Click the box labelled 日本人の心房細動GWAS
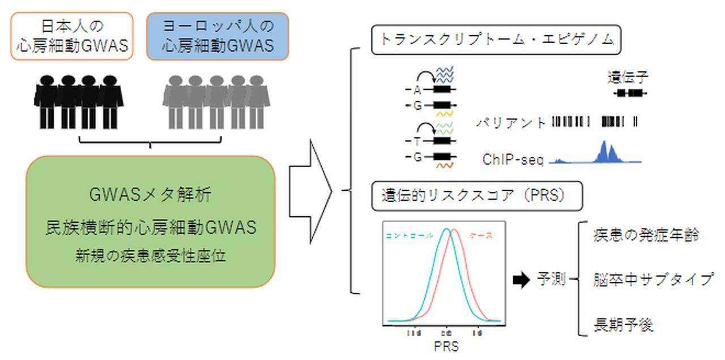click(x=72, y=36)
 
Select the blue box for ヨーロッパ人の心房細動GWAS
click(x=217, y=36)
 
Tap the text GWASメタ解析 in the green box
click(x=150, y=196)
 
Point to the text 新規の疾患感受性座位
click(x=150, y=256)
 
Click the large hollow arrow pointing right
click(x=310, y=192)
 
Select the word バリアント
click(x=511, y=122)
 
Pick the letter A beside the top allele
click(x=417, y=90)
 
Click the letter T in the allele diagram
click(x=417, y=142)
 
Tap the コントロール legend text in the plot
click(x=409, y=235)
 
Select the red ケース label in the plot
click(x=481, y=235)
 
